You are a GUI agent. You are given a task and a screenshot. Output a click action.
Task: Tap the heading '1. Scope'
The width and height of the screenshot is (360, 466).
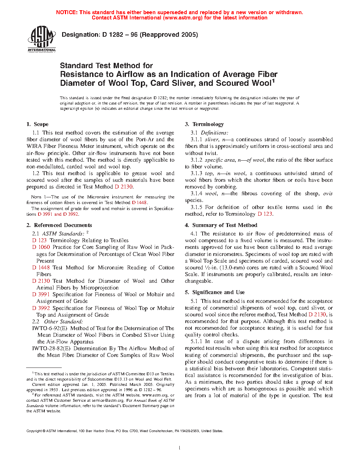tap(37, 124)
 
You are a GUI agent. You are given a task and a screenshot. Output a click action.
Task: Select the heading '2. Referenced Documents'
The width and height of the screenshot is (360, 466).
tap(59, 225)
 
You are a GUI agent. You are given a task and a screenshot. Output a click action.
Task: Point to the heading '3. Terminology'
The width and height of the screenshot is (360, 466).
tap(204, 124)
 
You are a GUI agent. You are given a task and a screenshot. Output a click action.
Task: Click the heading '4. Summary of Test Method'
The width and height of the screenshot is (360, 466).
tap(221, 225)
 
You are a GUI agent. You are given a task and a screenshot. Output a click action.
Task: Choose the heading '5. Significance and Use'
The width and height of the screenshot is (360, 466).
tap(215, 292)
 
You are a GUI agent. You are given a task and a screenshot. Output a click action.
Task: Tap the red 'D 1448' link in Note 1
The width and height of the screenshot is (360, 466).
tap(139, 203)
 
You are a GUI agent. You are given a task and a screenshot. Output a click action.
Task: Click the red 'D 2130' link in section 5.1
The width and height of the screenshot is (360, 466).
tap(317, 315)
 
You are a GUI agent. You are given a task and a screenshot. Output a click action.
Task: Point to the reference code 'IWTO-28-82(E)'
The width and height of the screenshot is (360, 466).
tap(51, 348)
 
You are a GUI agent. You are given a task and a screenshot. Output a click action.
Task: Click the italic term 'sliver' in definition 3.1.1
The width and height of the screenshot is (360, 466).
tap(212, 139)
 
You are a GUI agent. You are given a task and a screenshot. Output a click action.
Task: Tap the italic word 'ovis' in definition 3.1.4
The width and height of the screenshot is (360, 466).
tap(328, 193)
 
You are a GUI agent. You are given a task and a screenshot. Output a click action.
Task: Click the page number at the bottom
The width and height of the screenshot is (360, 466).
tap(180, 448)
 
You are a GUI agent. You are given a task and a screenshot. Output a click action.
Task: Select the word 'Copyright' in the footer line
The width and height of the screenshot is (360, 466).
tap(34, 431)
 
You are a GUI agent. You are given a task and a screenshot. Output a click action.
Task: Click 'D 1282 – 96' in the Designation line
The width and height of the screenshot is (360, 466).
tap(120, 35)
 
